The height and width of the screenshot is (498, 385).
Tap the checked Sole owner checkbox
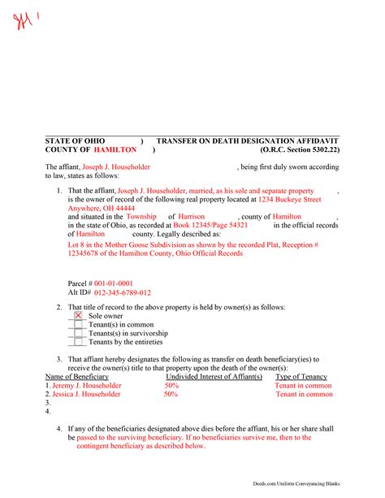pos(78,315)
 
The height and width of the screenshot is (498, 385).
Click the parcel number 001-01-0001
pos(117,283)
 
